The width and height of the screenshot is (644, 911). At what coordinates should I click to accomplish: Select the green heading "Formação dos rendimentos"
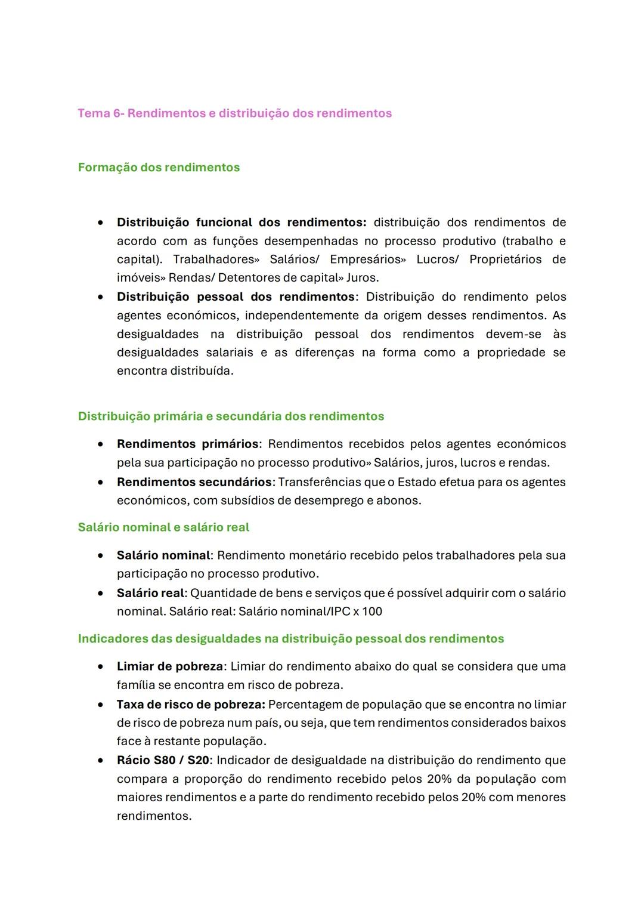[x=159, y=168]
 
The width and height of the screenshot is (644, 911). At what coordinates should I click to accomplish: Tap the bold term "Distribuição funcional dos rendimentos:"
[x=241, y=223]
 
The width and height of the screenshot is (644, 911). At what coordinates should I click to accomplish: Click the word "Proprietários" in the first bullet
[x=506, y=260]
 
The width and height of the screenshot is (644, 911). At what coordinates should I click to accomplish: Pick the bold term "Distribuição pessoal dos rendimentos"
[x=236, y=297]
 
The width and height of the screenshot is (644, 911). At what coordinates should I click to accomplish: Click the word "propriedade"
[x=511, y=353]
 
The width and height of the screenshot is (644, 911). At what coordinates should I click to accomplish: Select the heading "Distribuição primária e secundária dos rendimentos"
[x=231, y=416]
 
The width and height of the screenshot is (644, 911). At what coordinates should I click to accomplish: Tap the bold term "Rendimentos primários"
[x=188, y=444]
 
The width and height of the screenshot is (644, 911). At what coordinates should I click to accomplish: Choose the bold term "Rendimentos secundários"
[x=194, y=482]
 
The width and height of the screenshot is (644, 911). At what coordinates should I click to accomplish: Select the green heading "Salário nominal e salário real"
[x=163, y=527]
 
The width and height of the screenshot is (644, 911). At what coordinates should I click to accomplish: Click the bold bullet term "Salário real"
[x=151, y=594]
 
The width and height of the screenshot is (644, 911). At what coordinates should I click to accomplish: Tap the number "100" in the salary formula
[x=371, y=612]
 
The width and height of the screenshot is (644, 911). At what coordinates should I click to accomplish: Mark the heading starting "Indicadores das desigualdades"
[x=290, y=639]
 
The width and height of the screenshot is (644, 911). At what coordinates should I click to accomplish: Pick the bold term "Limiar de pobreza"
[x=170, y=666]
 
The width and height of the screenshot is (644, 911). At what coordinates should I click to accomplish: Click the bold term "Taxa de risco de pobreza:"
[x=191, y=705]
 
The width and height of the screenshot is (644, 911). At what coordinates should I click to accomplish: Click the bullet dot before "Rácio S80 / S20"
[x=103, y=761]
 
